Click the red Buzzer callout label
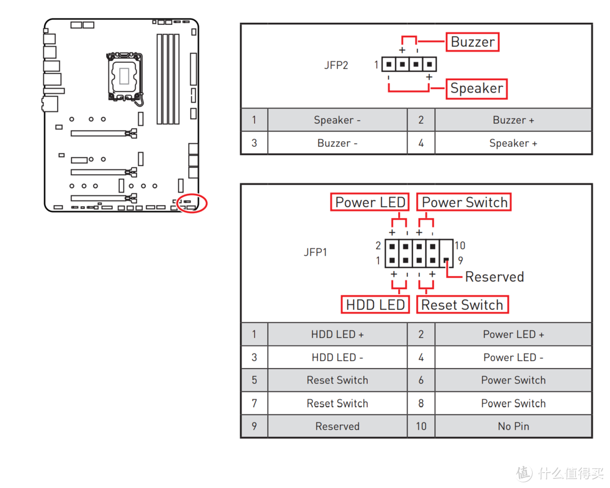[x=473, y=42]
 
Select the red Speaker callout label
[x=476, y=89]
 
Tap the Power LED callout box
[x=369, y=202]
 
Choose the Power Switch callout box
[x=464, y=202]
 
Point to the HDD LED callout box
[x=375, y=305]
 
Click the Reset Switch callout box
[x=462, y=305]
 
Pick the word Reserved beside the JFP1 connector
[x=494, y=277]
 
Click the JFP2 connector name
[x=336, y=65]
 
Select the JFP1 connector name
[x=315, y=252]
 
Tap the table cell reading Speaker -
[x=337, y=120]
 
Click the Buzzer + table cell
[x=513, y=120]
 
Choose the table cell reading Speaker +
[x=513, y=143]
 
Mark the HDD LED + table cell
[x=337, y=334]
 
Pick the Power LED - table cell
[x=513, y=358]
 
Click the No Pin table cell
[x=513, y=426]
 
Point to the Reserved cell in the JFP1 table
[x=337, y=426]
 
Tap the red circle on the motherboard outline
[x=192, y=203]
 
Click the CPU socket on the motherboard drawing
[x=124, y=76]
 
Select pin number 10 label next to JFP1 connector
[x=460, y=245]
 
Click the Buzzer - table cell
[x=337, y=143]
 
